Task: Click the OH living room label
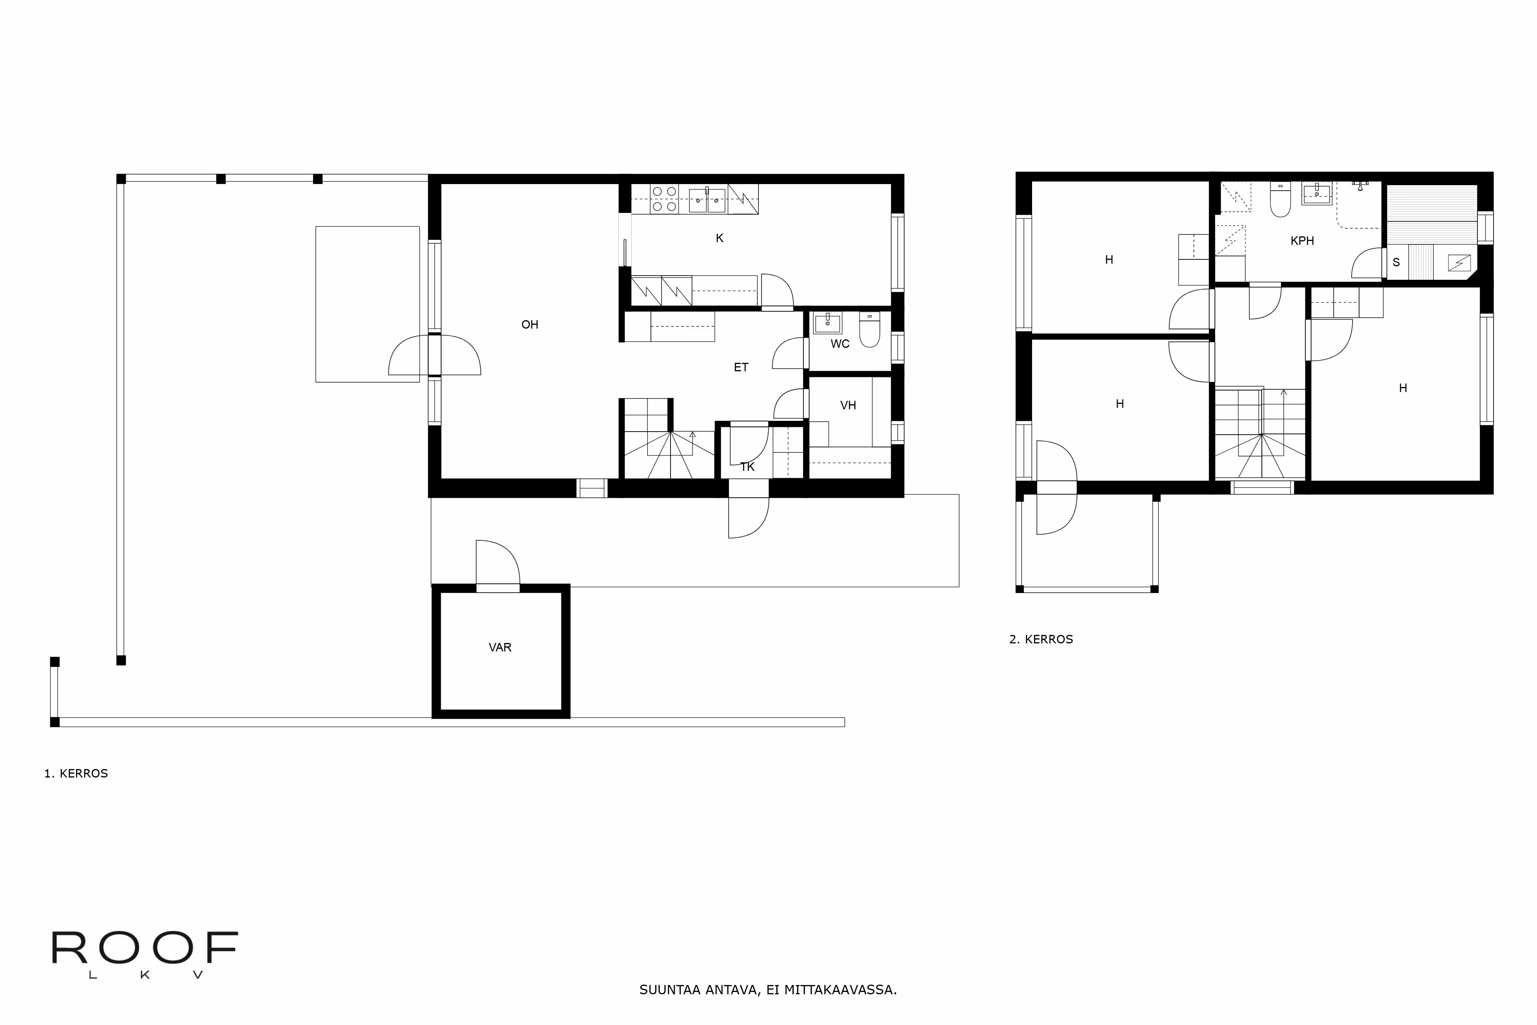click(529, 325)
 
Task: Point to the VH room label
click(848, 406)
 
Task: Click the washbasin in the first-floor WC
click(827, 323)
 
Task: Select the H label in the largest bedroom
click(1403, 388)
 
